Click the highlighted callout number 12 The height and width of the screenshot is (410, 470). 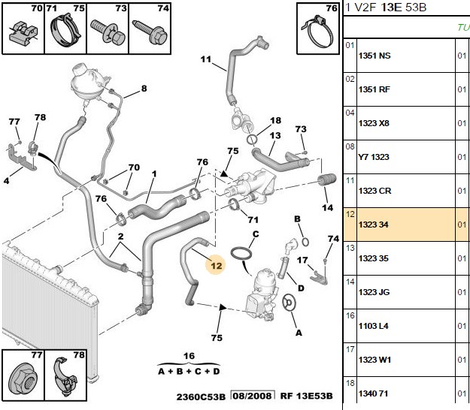[216, 266]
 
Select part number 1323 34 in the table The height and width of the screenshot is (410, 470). [373, 225]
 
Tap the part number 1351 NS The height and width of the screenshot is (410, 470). [374, 56]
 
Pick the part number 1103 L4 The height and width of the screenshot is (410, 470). [374, 326]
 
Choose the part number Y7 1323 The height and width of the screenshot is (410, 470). [374, 157]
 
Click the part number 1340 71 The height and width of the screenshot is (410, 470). [373, 393]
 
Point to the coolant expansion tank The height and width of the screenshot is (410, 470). [86, 80]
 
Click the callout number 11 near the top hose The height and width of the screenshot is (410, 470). [205, 59]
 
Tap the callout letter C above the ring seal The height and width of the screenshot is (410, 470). [256, 234]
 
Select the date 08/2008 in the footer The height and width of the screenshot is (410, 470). [253, 396]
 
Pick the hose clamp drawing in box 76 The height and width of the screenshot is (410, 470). [317, 32]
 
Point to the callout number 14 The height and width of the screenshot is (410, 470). [327, 207]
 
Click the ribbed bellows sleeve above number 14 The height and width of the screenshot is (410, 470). [326, 179]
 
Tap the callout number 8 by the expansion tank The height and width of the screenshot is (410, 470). [144, 89]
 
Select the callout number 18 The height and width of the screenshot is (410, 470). [275, 120]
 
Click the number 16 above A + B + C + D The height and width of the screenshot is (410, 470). [190, 356]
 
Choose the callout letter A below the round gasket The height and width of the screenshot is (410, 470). [299, 333]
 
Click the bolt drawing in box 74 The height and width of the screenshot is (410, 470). [150, 32]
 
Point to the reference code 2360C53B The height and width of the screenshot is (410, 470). [201, 396]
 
